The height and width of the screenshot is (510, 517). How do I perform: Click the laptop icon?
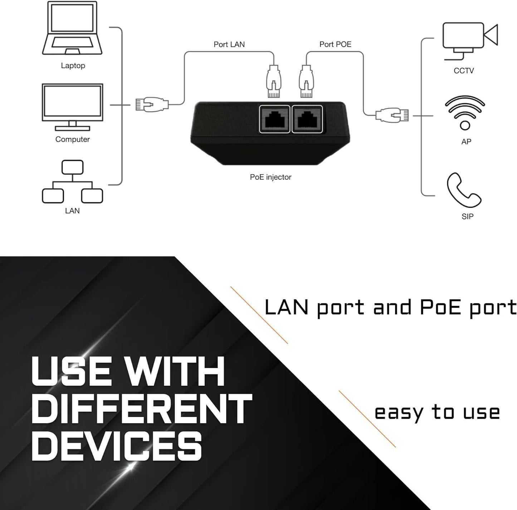[73, 28]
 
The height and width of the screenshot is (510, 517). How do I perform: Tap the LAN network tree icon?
[72, 182]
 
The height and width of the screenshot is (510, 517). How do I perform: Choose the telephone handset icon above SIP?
[464, 190]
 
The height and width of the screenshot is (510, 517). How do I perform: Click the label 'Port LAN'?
[229, 44]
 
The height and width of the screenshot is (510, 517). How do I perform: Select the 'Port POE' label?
[335, 44]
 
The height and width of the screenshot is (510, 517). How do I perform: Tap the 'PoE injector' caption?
[270, 177]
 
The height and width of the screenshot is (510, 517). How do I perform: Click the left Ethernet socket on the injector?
[274, 119]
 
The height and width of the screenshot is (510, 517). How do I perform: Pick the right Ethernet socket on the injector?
[307, 119]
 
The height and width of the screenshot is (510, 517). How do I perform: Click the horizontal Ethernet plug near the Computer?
[152, 104]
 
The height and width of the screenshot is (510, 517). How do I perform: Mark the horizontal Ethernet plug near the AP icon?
[392, 115]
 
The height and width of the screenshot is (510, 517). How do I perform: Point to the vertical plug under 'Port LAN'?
[274, 81]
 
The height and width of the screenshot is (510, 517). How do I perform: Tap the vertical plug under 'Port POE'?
[306, 81]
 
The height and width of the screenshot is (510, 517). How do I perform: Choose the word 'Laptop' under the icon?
[73, 65]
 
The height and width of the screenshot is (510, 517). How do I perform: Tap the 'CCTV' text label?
[464, 71]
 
